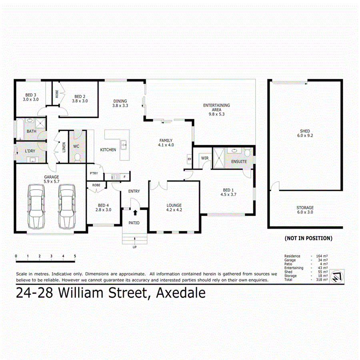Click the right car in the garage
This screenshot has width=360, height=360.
(x=66, y=206)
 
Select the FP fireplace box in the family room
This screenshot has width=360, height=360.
(x=189, y=159)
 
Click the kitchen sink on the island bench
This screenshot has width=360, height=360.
(x=124, y=144)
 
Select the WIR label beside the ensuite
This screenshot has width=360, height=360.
(x=205, y=158)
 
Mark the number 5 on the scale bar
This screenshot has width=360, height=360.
(x=75, y=256)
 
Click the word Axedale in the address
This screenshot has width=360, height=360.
(x=181, y=294)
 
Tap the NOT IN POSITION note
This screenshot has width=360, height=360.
(x=308, y=238)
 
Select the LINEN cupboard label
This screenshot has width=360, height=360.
(x=64, y=147)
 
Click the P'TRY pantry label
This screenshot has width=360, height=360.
(x=94, y=173)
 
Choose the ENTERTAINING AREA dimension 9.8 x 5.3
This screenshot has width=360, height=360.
(x=216, y=114)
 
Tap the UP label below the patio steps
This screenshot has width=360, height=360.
(x=134, y=247)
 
